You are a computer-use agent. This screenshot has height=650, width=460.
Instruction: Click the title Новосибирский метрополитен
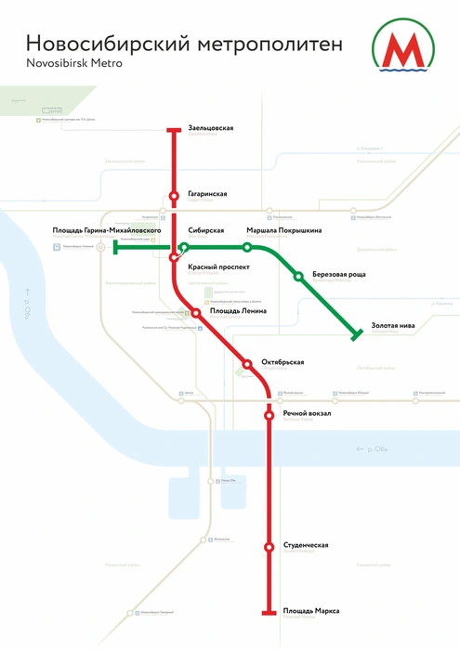pyautogui.click(x=184, y=45)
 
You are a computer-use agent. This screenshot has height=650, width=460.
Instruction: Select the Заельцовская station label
pyautogui.click(x=210, y=127)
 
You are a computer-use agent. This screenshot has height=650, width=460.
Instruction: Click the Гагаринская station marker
pyautogui.click(x=173, y=195)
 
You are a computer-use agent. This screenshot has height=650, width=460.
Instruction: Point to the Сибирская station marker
pyautogui.click(x=184, y=247)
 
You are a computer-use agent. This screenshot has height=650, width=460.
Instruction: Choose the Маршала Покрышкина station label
pyautogui.click(x=283, y=230)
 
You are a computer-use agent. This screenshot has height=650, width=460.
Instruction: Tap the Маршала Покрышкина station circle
pyautogui.click(x=247, y=247)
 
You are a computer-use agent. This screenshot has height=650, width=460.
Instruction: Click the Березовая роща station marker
pyautogui.click(x=298, y=276)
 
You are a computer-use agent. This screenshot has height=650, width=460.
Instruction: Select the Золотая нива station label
pyautogui.click(x=393, y=326)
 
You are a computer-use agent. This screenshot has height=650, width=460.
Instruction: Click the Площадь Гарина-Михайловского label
pyautogui.click(x=108, y=229)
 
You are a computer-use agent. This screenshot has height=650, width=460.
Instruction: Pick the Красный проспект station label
pyautogui.click(x=218, y=266)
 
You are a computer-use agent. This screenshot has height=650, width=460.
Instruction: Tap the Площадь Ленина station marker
pyautogui.click(x=196, y=313)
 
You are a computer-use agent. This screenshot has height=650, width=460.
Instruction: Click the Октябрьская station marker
pyautogui.click(x=247, y=363)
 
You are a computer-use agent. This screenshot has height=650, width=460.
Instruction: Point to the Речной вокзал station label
pyautogui.click(x=307, y=413)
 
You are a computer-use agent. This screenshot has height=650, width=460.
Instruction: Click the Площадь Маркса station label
pyautogui.click(x=311, y=610)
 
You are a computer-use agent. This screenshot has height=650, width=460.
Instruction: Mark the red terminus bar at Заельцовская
pyautogui.click(x=173, y=130)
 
